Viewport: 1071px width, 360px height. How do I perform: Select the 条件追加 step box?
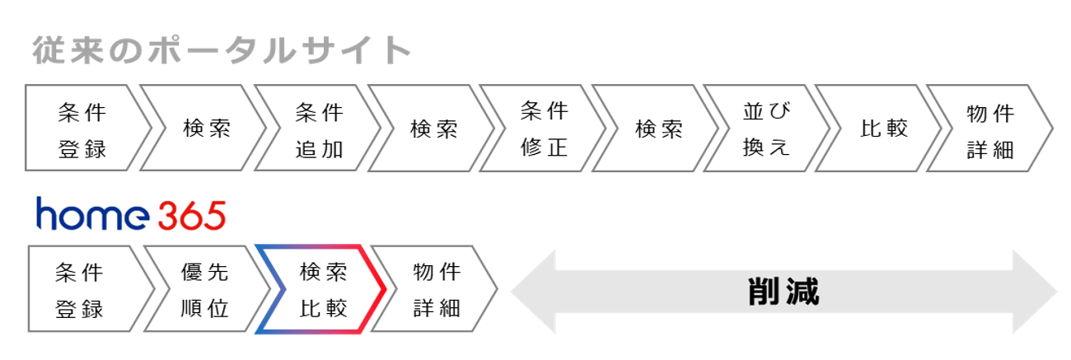point(318,129)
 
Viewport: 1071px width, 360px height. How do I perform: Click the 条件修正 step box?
point(545,129)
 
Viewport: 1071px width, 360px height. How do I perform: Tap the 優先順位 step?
point(204,289)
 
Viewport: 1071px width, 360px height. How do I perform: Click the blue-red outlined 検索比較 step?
point(322,289)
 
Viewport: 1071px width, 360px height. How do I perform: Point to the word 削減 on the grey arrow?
point(783,291)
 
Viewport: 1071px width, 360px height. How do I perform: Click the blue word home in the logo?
point(91,216)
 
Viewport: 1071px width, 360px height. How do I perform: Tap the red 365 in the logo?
point(190,216)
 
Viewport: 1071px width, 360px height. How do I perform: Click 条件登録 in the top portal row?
point(82,129)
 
